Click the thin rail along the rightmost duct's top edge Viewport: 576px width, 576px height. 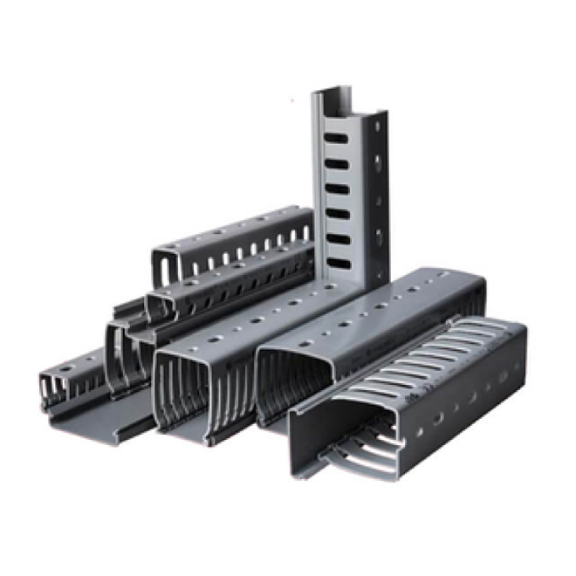tap(436, 328)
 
